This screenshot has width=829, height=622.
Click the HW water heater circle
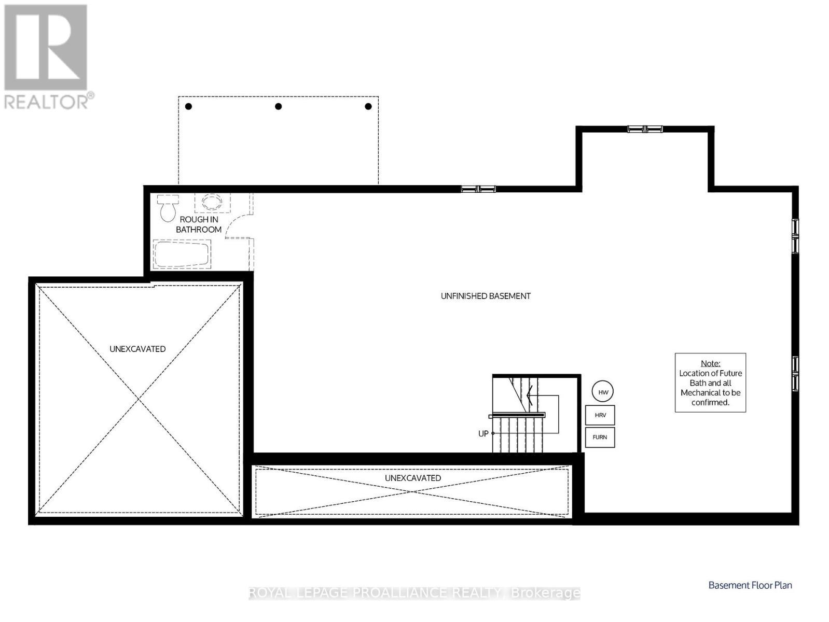(603, 392)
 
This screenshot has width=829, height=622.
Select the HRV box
(600, 415)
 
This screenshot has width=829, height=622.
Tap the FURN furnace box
(600, 437)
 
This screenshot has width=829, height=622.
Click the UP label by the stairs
(483, 433)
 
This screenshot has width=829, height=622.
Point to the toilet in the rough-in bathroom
(168, 208)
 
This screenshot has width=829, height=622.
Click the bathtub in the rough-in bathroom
(182, 254)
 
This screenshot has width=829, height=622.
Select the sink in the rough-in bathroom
(212, 202)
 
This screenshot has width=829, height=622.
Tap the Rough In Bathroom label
(199, 224)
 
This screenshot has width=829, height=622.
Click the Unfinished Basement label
(486, 296)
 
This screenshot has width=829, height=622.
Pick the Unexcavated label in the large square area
(137, 349)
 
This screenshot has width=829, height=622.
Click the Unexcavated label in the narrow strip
(413, 478)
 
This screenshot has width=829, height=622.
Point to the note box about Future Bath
(710, 383)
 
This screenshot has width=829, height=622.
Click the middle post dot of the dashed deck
(279, 106)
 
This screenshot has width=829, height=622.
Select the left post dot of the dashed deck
(189, 106)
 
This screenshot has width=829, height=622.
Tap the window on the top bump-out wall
(645, 129)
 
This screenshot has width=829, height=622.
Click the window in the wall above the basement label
(478, 189)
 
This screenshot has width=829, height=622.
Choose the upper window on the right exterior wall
(795, 236)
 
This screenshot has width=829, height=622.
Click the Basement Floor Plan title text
(750, 585)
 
